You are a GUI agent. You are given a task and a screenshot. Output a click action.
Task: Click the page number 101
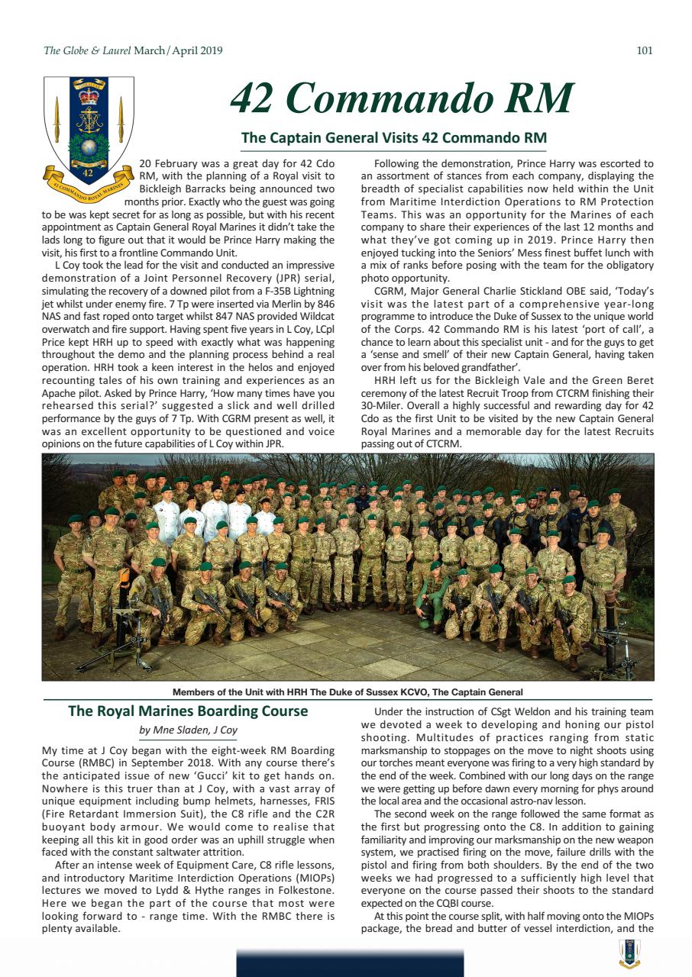pyautogui.click(x=644, y=51)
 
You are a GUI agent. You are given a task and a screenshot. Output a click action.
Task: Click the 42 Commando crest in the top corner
pyautogui.click(x=89, y=130)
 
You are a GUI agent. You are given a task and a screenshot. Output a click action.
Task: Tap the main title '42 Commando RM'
pyautogui.click(x=402, y=98)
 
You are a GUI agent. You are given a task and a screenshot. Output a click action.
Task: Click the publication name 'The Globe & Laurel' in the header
pyautogui.click(x=87, y=51)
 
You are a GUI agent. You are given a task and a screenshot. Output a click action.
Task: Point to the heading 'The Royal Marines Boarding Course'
pyautogui.click(x=188, y=711)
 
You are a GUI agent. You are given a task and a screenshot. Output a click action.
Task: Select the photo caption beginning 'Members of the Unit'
pyautogui.click(x=348, y=692)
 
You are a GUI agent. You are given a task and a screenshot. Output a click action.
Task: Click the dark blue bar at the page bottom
pyautogui.click(x=349, y=963)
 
